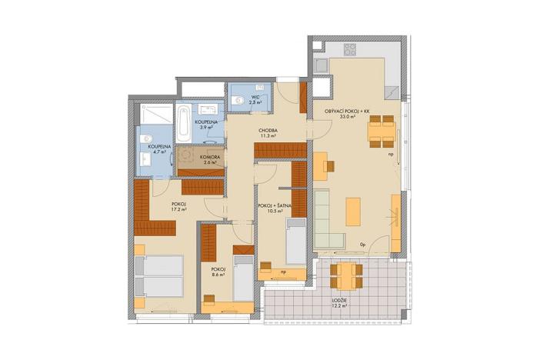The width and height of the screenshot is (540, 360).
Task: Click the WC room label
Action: [253, 97]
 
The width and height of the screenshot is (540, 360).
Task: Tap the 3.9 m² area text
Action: [204, 128]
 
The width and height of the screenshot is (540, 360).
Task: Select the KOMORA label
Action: [199, 155]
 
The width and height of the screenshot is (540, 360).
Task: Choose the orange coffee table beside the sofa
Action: [353, 210]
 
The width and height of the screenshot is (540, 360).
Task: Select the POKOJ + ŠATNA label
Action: [274, 206]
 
